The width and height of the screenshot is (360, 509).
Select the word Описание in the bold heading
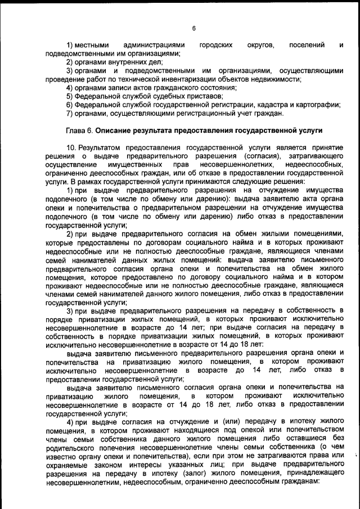click(x=114, y=131)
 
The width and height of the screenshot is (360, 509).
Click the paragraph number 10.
click(x=71, y=147)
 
